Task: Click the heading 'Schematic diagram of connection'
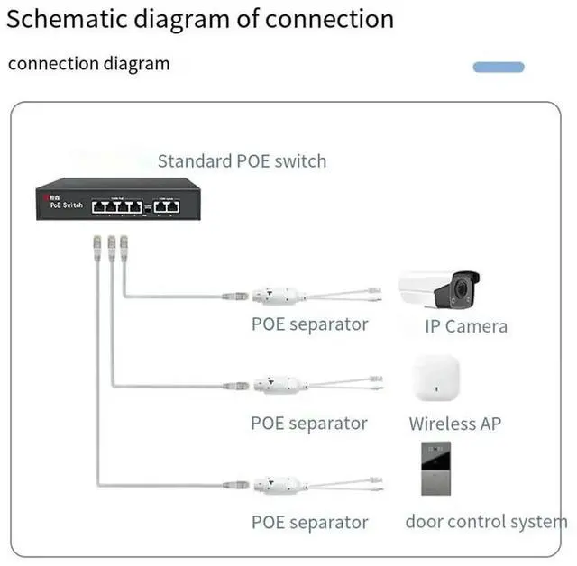click(201, 20)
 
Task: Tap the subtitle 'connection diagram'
click(88, 63)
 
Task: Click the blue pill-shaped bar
click(499, 67)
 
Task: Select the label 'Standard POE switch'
click(242, 161)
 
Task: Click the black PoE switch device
click(118, 203)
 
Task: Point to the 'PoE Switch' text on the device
click(65, 205)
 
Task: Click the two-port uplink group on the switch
click(167, 206)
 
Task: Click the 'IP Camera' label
click(466, 326)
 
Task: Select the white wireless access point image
click(435, 379)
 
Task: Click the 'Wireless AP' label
click(454, 424)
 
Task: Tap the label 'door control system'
click(486, 521)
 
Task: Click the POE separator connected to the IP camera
click(280, 295)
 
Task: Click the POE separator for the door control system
click(280, 485)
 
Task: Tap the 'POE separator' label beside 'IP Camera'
click(309, 324)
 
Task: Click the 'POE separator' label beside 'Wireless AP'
click(309, 423)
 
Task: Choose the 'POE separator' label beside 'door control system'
click(309, 522)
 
